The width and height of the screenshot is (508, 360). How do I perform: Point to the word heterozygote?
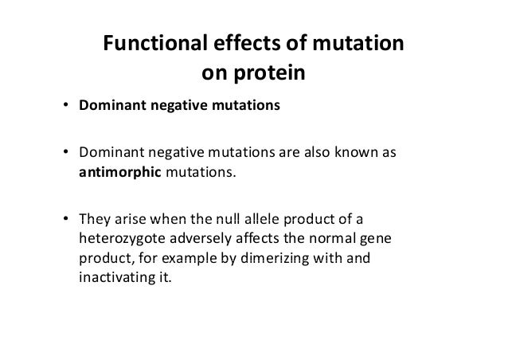(x=119, y=238)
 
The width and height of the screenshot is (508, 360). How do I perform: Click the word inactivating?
(x=111, y=281)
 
